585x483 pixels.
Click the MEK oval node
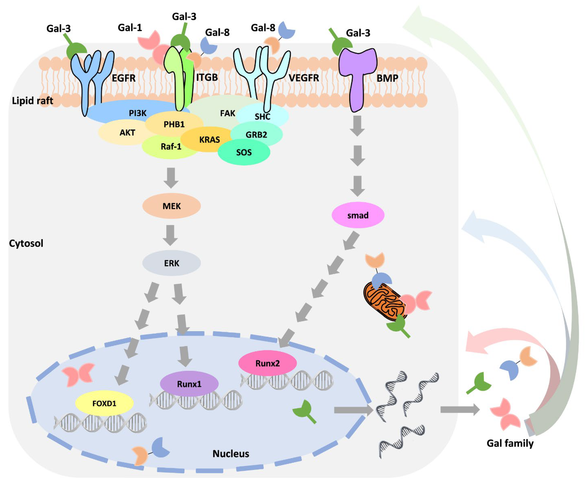pyautogui.click(x=171, y=206)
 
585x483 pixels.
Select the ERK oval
pyautogui.click(x=171, y=263)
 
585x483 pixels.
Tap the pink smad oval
pyautogui.click(x=358, y=215)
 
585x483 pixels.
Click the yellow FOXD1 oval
pyautogui.click(x=104, y=403)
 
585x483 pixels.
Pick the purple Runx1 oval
pyautogui.click(x=189, y=384)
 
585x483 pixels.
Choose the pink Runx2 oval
pyautogui.click(x=267, y=363)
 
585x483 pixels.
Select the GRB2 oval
pyautogui.click(x=256, y=135)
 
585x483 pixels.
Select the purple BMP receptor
pyautogui.click(x=357, y=78)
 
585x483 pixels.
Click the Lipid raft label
pyautogui.click(x=32, y=100)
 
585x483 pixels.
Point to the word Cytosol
pyautogui.click(x=26, y=243)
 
